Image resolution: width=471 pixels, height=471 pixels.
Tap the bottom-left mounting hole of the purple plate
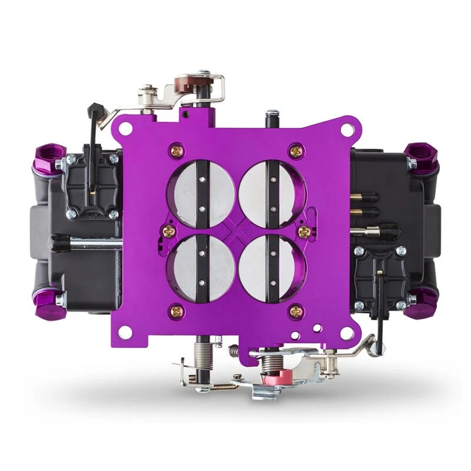click(125, 331)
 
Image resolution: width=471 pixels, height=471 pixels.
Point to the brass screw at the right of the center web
click(304, 229)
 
